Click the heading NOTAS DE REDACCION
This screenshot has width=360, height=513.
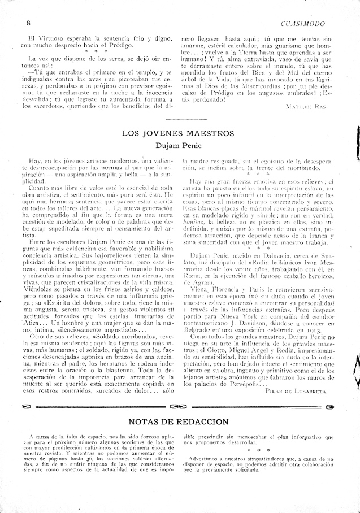coord(179,421)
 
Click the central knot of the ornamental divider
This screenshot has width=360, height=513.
coord(177,406)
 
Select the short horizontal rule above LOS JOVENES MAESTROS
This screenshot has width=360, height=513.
coord(180,121)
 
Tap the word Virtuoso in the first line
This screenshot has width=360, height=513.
coord(39,38)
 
